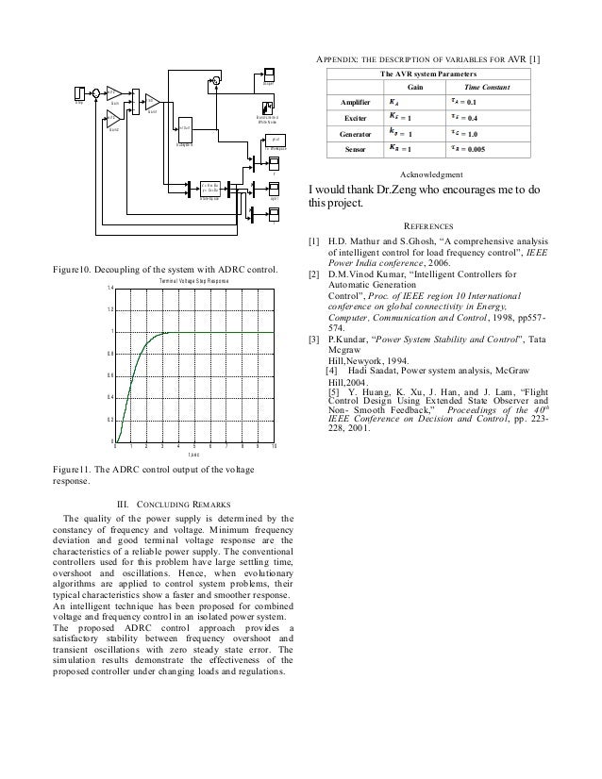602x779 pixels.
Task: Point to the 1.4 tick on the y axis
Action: [x=109, y=288]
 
